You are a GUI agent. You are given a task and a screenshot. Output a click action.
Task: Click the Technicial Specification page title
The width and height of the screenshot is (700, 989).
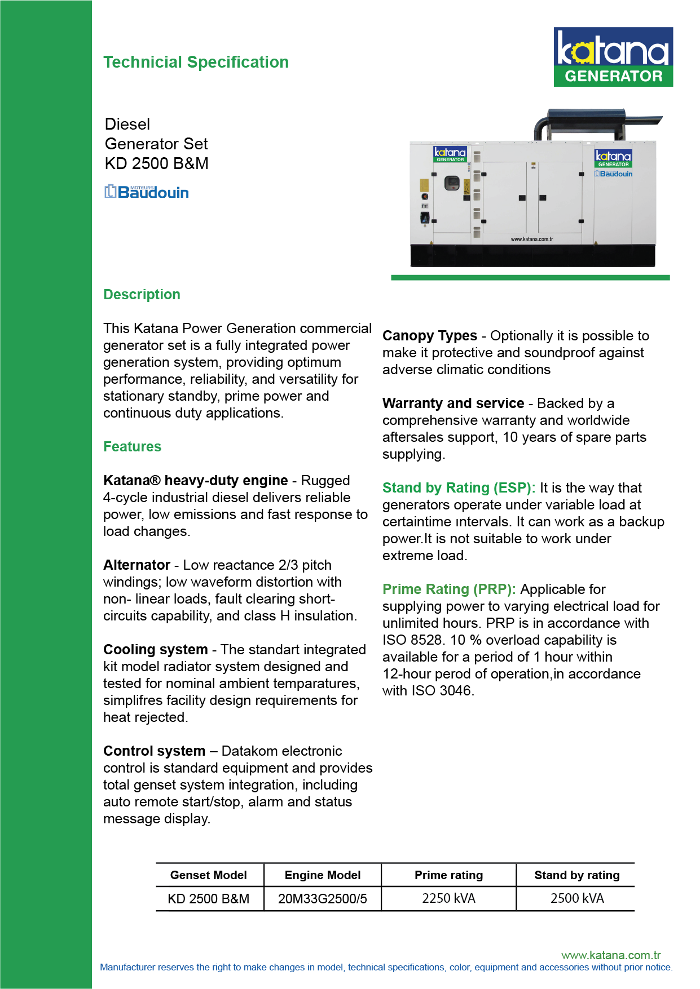click(196, 62)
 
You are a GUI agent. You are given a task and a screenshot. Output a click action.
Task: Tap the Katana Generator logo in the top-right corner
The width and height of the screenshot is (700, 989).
click(613, 57)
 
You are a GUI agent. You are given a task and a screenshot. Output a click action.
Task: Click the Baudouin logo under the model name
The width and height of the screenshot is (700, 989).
click(147, 192)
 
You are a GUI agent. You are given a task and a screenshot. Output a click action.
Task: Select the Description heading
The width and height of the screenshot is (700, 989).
click(142, 295)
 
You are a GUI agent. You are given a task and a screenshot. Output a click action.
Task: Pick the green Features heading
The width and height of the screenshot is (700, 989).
click(132, 447)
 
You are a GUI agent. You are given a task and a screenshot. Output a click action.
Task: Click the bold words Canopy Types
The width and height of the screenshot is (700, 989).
click(429, 336)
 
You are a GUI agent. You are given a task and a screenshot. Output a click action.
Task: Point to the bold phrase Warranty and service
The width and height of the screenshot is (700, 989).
click(453, 403)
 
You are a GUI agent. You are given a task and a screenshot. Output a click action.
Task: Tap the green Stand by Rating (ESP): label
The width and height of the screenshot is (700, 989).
click(459, 488)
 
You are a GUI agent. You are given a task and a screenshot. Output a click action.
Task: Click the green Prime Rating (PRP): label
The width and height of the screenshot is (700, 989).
click(449, 589)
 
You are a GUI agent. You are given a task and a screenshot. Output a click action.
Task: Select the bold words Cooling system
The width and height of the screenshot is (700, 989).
click(155, 650)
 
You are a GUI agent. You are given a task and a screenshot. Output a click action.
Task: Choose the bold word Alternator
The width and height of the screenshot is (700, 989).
click(137, 565)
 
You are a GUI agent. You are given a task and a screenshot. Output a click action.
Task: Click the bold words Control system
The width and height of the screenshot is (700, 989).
click(154, 751)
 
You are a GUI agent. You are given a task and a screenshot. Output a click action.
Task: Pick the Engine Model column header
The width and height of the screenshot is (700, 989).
click(323, 875)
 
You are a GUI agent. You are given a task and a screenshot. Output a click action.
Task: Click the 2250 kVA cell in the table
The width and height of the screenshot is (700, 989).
click(448, 898)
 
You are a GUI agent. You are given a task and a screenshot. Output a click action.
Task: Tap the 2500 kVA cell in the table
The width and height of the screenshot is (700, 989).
click(576, 898)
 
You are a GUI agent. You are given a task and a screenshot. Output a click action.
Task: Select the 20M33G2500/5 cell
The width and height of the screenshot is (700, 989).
click(323, 899)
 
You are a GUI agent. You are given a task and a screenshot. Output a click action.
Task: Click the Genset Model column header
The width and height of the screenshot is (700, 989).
click(209, 875)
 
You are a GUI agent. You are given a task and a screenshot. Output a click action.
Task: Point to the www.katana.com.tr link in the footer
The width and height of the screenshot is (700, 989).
click(611, 955)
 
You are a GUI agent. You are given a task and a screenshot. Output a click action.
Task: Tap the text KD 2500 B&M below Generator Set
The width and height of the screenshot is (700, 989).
click(157, 163)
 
